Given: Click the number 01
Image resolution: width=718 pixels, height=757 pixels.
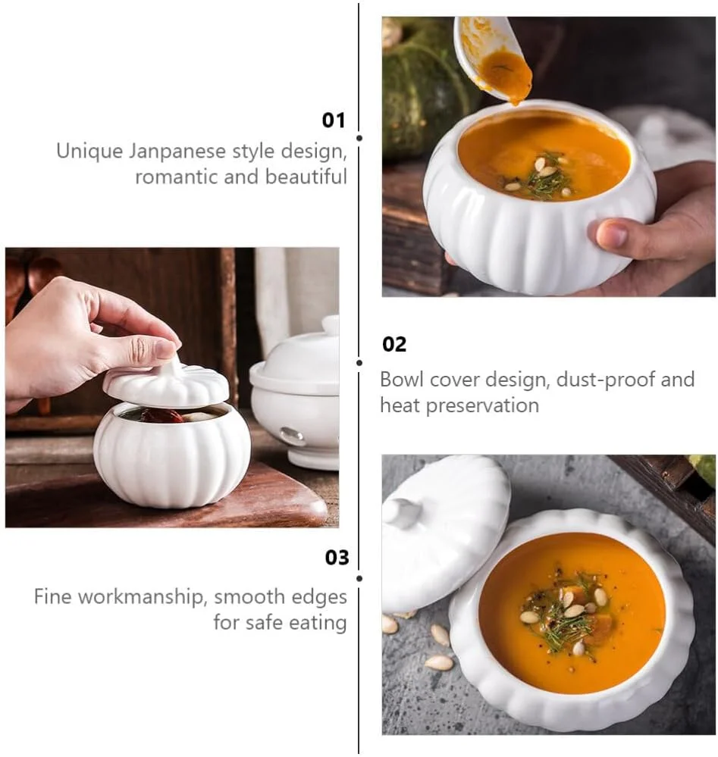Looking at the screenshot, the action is coord(334,120).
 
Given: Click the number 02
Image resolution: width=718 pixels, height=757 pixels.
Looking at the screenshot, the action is coord(394,344).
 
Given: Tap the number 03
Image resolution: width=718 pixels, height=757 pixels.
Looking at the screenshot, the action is coord(337,558).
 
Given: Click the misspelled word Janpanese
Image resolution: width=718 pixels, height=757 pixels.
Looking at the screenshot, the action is coord(177,151).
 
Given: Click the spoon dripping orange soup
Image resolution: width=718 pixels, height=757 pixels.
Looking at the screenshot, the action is coord(492,58).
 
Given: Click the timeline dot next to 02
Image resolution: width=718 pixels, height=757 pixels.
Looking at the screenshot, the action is coord(359,362).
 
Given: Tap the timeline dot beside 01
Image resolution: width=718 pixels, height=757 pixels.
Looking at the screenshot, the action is coord(359,138).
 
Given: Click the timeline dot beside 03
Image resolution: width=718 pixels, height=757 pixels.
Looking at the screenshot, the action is coord(359,578).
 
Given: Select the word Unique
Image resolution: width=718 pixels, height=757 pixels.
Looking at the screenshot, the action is coord(89,151).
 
